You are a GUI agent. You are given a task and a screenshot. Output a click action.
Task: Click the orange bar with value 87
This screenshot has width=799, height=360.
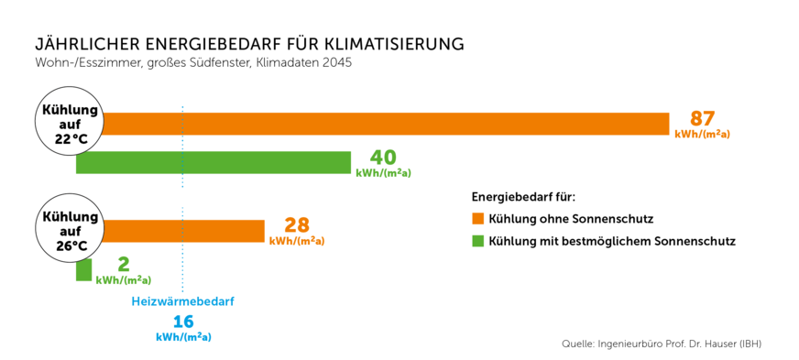pos(385,124)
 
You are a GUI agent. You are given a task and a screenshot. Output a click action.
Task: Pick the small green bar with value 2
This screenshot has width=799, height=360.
pos(83,269)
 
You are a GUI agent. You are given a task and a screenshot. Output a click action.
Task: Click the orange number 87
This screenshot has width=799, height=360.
pos(702,119)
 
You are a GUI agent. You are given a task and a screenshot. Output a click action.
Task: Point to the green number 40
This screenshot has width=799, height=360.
pos(383,158)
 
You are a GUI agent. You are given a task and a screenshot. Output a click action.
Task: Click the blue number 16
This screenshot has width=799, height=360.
pos(184,322)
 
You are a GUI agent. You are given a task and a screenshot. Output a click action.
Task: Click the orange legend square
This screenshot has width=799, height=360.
pos(477,219)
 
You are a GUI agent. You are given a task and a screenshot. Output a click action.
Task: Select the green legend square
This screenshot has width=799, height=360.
pos(477,241)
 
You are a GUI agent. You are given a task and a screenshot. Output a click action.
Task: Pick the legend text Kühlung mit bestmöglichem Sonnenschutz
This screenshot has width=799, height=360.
pos(612,241)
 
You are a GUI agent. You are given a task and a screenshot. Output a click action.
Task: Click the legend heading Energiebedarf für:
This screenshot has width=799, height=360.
pos(523,196)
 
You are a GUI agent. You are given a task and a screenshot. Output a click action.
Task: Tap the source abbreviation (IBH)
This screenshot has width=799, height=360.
pos(746,344)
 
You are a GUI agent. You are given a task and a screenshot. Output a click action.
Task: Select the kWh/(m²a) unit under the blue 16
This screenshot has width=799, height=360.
pos(184,337)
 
